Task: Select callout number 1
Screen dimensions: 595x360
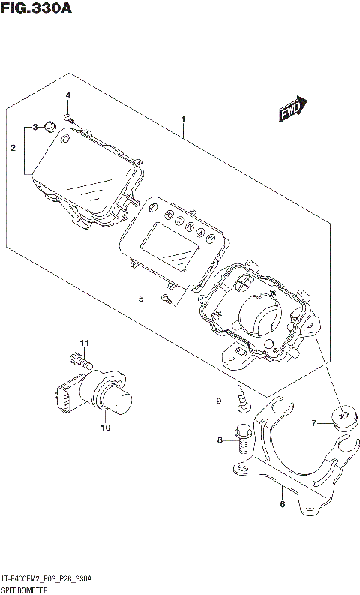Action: click(183, 119)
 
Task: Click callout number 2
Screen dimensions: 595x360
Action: click(13, 149)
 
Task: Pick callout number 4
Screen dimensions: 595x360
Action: click(67, 95)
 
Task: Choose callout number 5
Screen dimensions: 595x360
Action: click(140, 299)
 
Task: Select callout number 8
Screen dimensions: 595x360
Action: click(220, 440)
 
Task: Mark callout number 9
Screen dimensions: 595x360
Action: click(220, 401)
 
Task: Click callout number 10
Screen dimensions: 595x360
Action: click(105, 428)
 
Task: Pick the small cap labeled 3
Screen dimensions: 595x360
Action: click(50, 125)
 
